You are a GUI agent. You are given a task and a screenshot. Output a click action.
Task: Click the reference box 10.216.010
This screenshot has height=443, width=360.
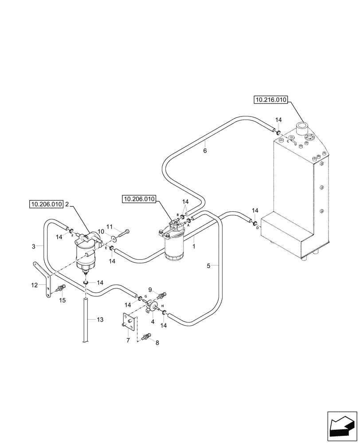click(270, 100)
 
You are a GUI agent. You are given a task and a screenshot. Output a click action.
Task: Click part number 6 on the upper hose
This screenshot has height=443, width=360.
click(205, 151)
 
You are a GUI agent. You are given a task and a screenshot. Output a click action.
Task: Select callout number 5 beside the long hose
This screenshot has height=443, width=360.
click(208, 266)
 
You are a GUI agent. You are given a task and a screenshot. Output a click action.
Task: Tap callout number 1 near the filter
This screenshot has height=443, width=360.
click(194, 240)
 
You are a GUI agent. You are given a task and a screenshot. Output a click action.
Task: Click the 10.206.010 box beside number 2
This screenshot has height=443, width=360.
click(46, 204)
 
